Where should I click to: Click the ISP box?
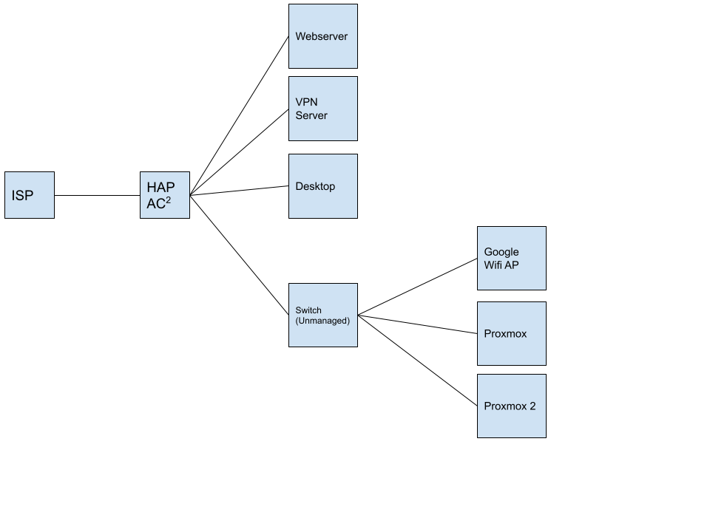click(30, 195)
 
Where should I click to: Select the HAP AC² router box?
click(165, 195)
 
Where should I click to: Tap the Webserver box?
click(323, 36)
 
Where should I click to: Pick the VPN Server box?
click(323, 109)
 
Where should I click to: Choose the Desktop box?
click(323, 186)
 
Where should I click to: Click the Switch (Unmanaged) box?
click(323, 316)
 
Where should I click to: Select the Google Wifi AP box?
click(512, 259)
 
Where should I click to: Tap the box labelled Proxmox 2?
click(512, 406)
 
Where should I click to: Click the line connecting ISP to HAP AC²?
click(98, 195)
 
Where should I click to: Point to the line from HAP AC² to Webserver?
click(239, 116)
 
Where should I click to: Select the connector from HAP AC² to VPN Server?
click(239, 152)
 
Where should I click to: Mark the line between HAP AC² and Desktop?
click(239, 191)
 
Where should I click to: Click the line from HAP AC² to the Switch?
click(239, 255)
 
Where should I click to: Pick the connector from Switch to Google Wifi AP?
click(417, 287)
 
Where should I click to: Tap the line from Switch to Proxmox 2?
click(417, 361)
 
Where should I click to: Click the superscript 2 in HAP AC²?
click(169, 199)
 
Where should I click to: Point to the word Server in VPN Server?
click(311, 115)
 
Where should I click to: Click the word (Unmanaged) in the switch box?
click(322, 321)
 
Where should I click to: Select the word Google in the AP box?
click(501, 252)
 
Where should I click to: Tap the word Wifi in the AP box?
click(493, 265)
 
